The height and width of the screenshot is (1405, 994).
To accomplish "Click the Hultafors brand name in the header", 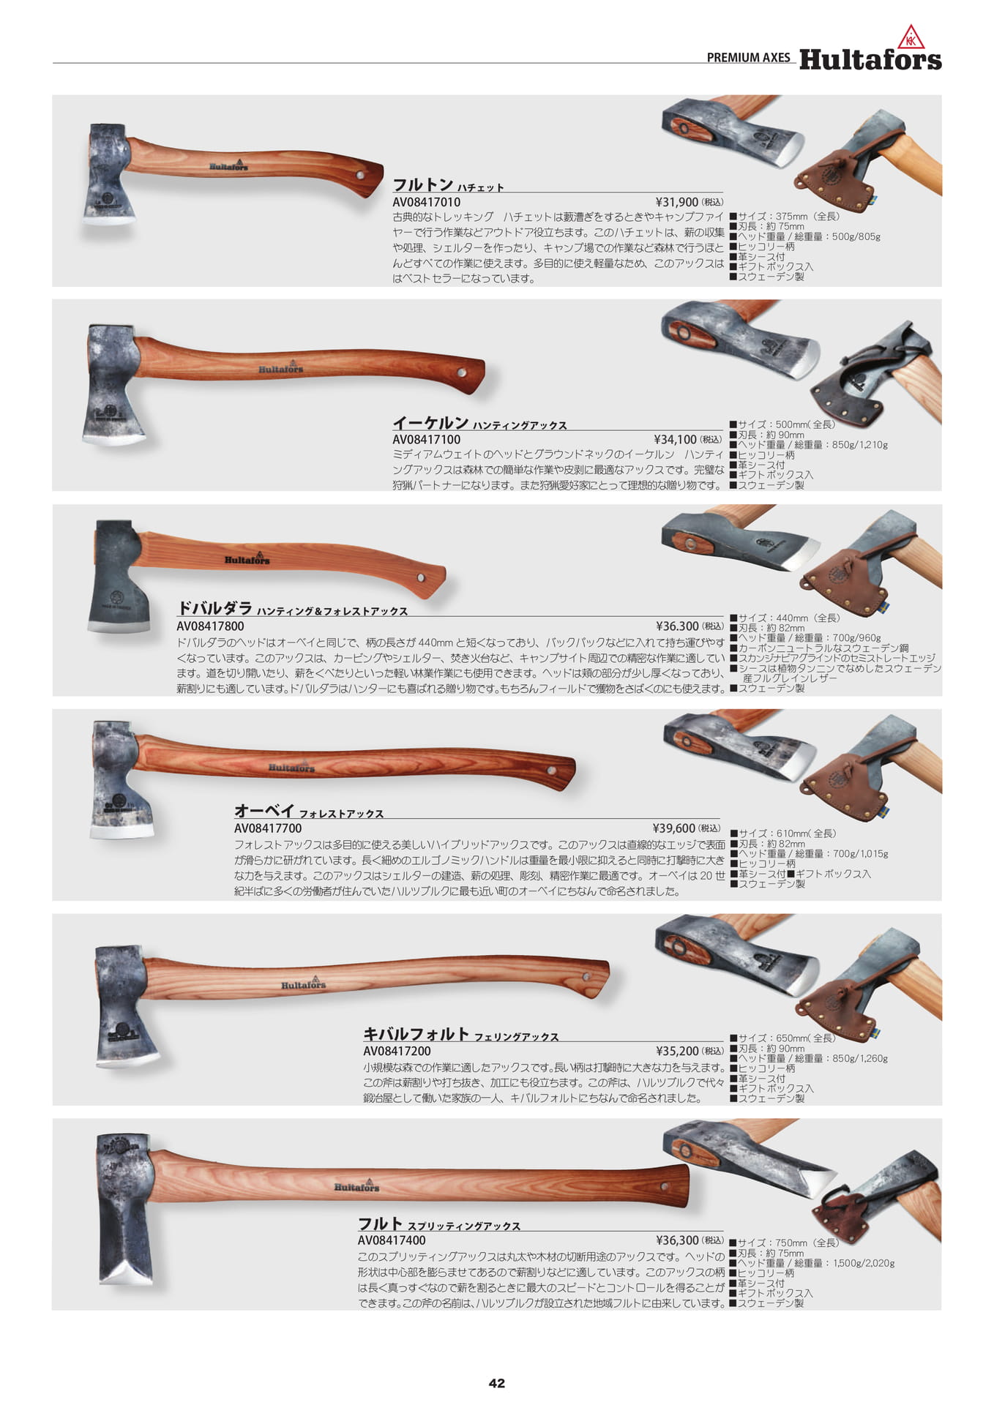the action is pos(870,59).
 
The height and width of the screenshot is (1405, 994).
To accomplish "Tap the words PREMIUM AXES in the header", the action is pos(749,58).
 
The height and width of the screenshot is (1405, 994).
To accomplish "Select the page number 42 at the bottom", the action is pos(497,1382).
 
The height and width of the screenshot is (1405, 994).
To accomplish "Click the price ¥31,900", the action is pos(677,202).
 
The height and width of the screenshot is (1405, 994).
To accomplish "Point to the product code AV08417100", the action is pos(427,440).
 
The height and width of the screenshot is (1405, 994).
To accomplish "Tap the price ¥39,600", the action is pos(673,828).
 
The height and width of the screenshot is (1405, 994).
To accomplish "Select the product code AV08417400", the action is pos(392,1240).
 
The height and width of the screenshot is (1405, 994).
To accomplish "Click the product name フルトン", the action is pos(422,184).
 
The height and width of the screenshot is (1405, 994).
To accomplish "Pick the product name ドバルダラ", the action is pos(214,608).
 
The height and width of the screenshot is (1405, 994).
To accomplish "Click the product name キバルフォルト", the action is pos(416,1034).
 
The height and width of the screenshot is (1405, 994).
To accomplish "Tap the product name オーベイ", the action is pos(264,811).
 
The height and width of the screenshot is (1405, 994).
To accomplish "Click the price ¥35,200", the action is pos(678,1051).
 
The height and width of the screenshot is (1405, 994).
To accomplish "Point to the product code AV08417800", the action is pos(211,626).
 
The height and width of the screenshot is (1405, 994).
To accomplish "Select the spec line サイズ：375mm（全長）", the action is pos(785,217).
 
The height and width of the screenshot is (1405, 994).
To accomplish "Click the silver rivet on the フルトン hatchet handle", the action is pos(360,176).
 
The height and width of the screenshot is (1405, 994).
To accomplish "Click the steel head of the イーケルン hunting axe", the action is pos(113,383).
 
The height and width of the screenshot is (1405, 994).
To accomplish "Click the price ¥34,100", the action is pos(676,440).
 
